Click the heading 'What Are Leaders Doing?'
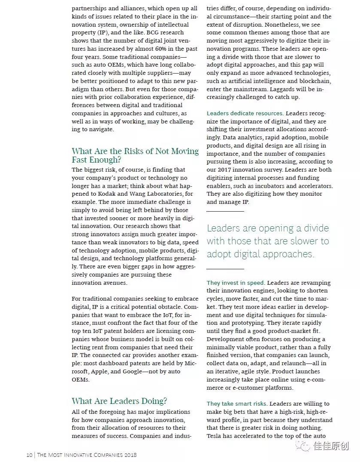[119, 401]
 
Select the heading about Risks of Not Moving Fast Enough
[135, 155]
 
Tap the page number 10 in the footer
[29, 455]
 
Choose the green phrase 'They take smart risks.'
[237, 404]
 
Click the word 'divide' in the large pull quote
[313, 228]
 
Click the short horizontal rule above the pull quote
[225, 211]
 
